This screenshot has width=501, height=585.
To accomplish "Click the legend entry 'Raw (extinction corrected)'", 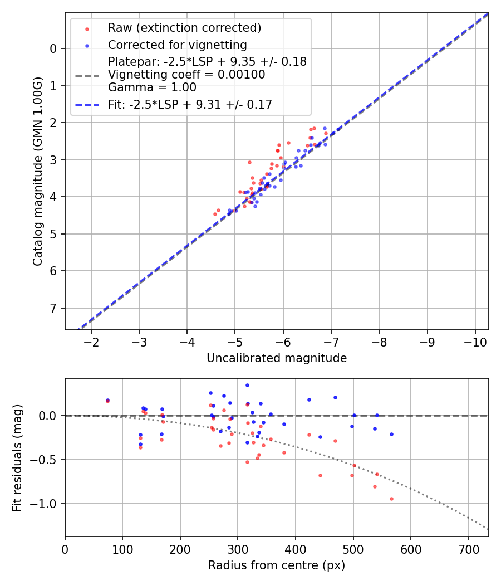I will pyautogui.click(x=184, y=28).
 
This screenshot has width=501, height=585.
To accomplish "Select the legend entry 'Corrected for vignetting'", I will pyautogui.click(x=178, y=45).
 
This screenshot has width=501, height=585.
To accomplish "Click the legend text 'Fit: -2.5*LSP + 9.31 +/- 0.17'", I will pyautogui.click(x=190, y=104).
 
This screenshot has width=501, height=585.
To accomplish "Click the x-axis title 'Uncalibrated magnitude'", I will pyautogui.click(x=277, y=358).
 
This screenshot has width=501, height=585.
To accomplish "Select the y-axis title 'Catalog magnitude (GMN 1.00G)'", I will pyautogui.click(x=37, y=172).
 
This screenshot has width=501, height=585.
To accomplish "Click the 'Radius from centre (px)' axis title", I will pyautogui.click(x=277, y=565).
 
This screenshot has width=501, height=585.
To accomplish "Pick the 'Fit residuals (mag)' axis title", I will pyautogui.click(x=18, y=457).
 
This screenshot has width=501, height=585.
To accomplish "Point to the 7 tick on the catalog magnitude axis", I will pyautogui.click(x=53, y=308).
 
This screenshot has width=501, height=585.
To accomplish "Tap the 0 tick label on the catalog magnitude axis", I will pyautogui.click(x=53, y=48).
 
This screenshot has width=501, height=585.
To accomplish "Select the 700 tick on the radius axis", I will pyautogui.click(x=468, y=550).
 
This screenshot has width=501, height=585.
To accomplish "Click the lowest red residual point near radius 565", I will pyautogui.click(x=391, y=499).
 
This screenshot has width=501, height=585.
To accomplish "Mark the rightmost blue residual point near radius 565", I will pyautogui.click(x=391, y=434).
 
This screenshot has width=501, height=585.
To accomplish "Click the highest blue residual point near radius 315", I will pyautogui.click(x=247, y=385).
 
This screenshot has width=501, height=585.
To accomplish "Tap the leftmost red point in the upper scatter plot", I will pyautogui.click(x=215, y=214).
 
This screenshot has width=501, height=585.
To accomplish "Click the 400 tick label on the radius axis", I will pyautogui.click(x=296, y=550).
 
